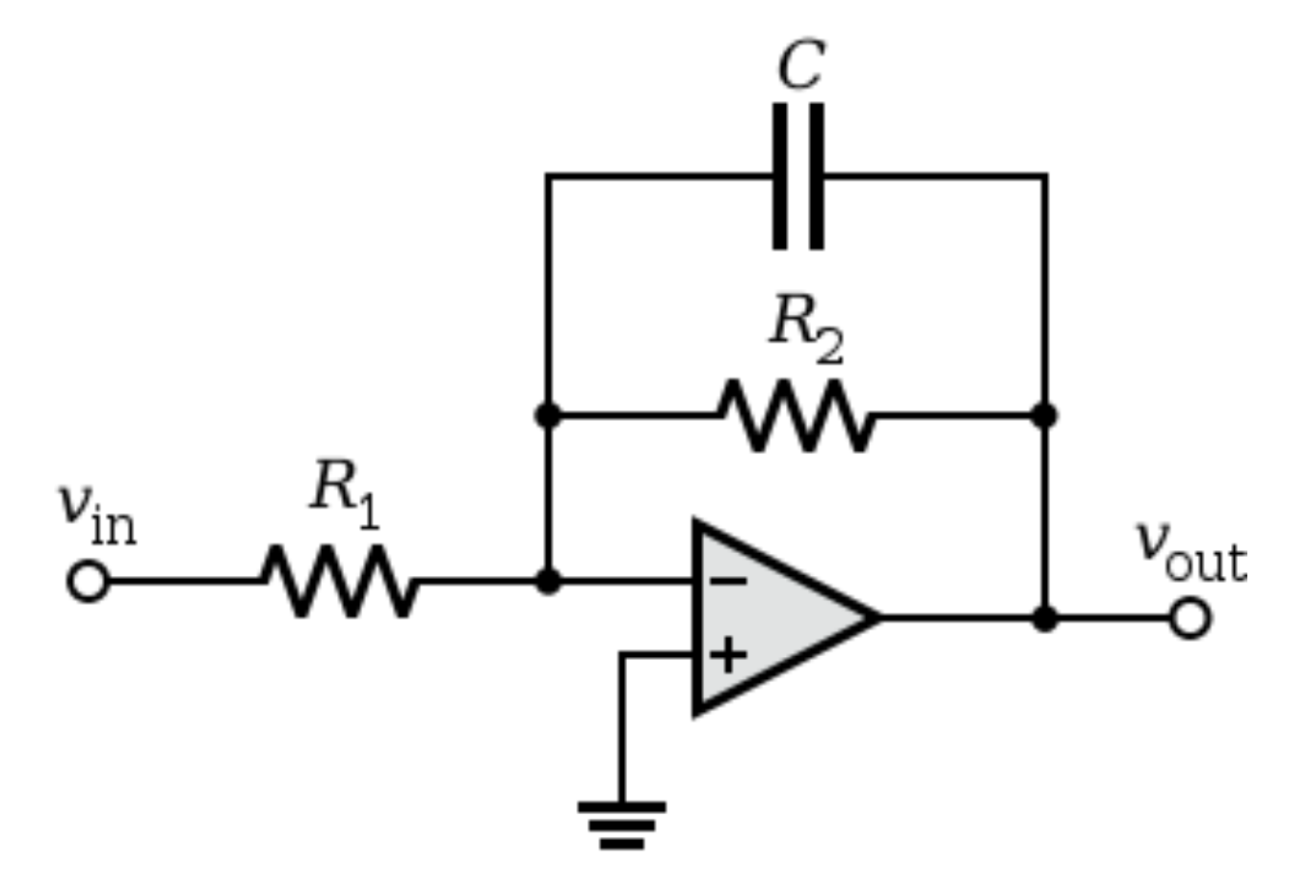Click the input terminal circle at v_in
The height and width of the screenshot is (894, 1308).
coord(88,582)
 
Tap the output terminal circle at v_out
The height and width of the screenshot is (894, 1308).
coord(1190,618)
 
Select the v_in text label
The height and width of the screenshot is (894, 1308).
coord(96,512)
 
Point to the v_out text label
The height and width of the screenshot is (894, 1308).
coord(1190,550)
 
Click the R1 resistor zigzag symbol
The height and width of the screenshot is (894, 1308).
coord(339,581)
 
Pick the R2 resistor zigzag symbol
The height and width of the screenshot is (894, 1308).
coord(797,415)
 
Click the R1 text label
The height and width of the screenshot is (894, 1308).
coord(344,492)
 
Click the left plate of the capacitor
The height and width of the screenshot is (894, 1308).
coord(780,176)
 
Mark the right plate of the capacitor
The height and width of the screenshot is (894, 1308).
coord(817,176)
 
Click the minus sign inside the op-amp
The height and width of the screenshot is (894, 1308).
coord(728,581)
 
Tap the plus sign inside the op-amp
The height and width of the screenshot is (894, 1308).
coord(729,655)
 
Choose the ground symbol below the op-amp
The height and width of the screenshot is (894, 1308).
coord(621,825)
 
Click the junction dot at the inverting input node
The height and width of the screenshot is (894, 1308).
coord(547,581)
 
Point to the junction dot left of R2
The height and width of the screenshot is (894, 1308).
coord(547,415)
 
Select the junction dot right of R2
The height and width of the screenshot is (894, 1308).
coord(1044,415)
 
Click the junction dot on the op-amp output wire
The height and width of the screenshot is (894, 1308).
coord(1044,618)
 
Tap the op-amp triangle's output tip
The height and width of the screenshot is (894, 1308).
coord(876,618)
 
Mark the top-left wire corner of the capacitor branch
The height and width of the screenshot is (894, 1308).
coord(547,176)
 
